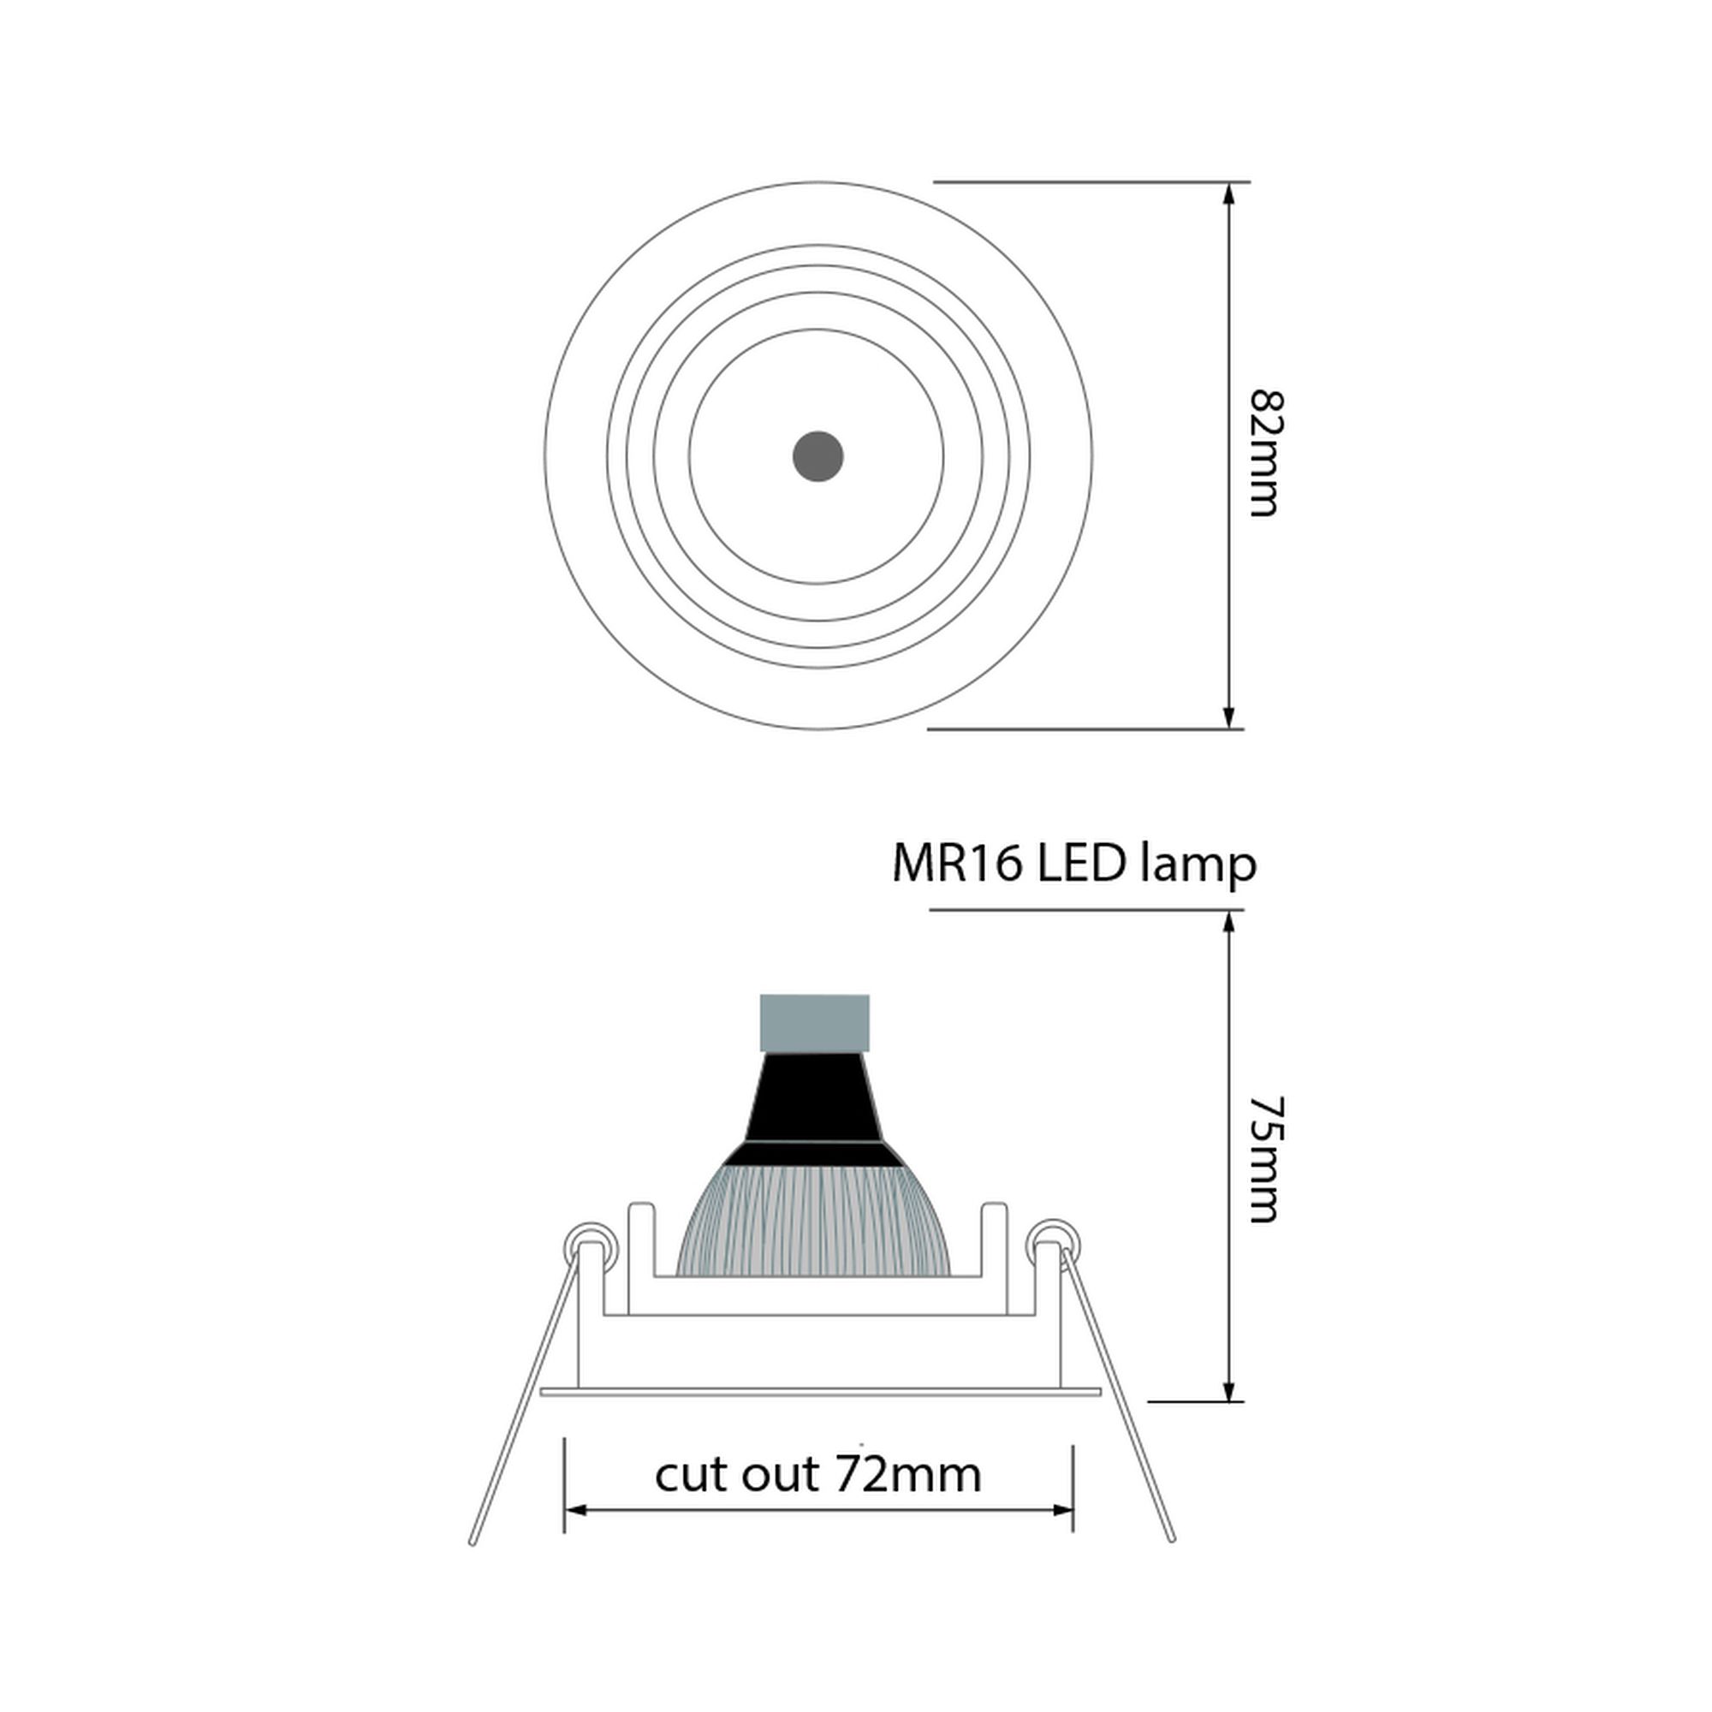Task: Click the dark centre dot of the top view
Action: tap(817, 456)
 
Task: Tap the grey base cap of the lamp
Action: tap(814, 1024)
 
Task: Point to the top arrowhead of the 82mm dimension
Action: tap(1228, 193)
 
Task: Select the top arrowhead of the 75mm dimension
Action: tap(1228, 922)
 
